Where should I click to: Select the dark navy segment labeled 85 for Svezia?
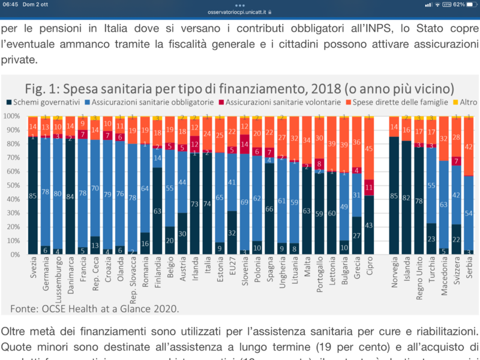[x=32, y=196]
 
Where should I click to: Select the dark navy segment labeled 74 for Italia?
[x=207, y=203]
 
